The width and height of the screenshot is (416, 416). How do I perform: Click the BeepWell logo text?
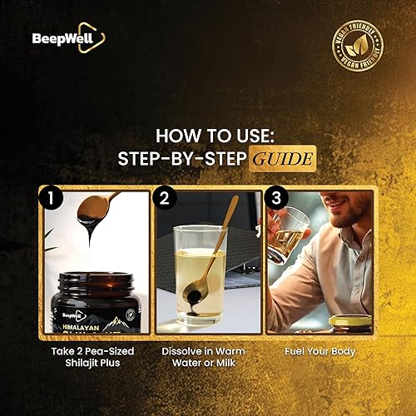(57, 37)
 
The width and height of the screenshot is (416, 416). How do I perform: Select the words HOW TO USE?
(208, 134)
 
